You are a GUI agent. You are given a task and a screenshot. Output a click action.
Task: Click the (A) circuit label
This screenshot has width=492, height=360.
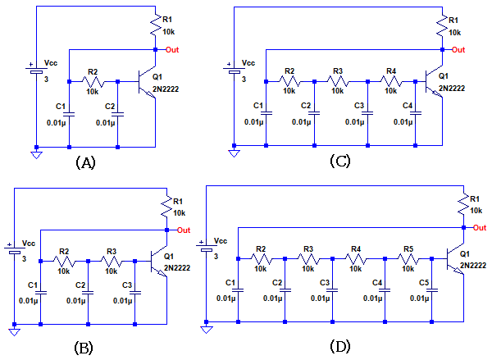pyautogui.click(x=85, y=162)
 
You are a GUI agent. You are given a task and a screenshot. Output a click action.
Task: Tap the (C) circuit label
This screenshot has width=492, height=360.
pyautogui.click(x=339, y=162)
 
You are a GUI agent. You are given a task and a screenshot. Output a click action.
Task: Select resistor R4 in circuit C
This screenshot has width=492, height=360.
pyautogui.click(x=391, y=81)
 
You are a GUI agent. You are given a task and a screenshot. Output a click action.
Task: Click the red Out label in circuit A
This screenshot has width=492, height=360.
pyautogui.click(x=172, y=50)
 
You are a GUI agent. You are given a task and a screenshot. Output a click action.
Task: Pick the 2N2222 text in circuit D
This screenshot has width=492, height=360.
pyautogui.click(x=473, y=266)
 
